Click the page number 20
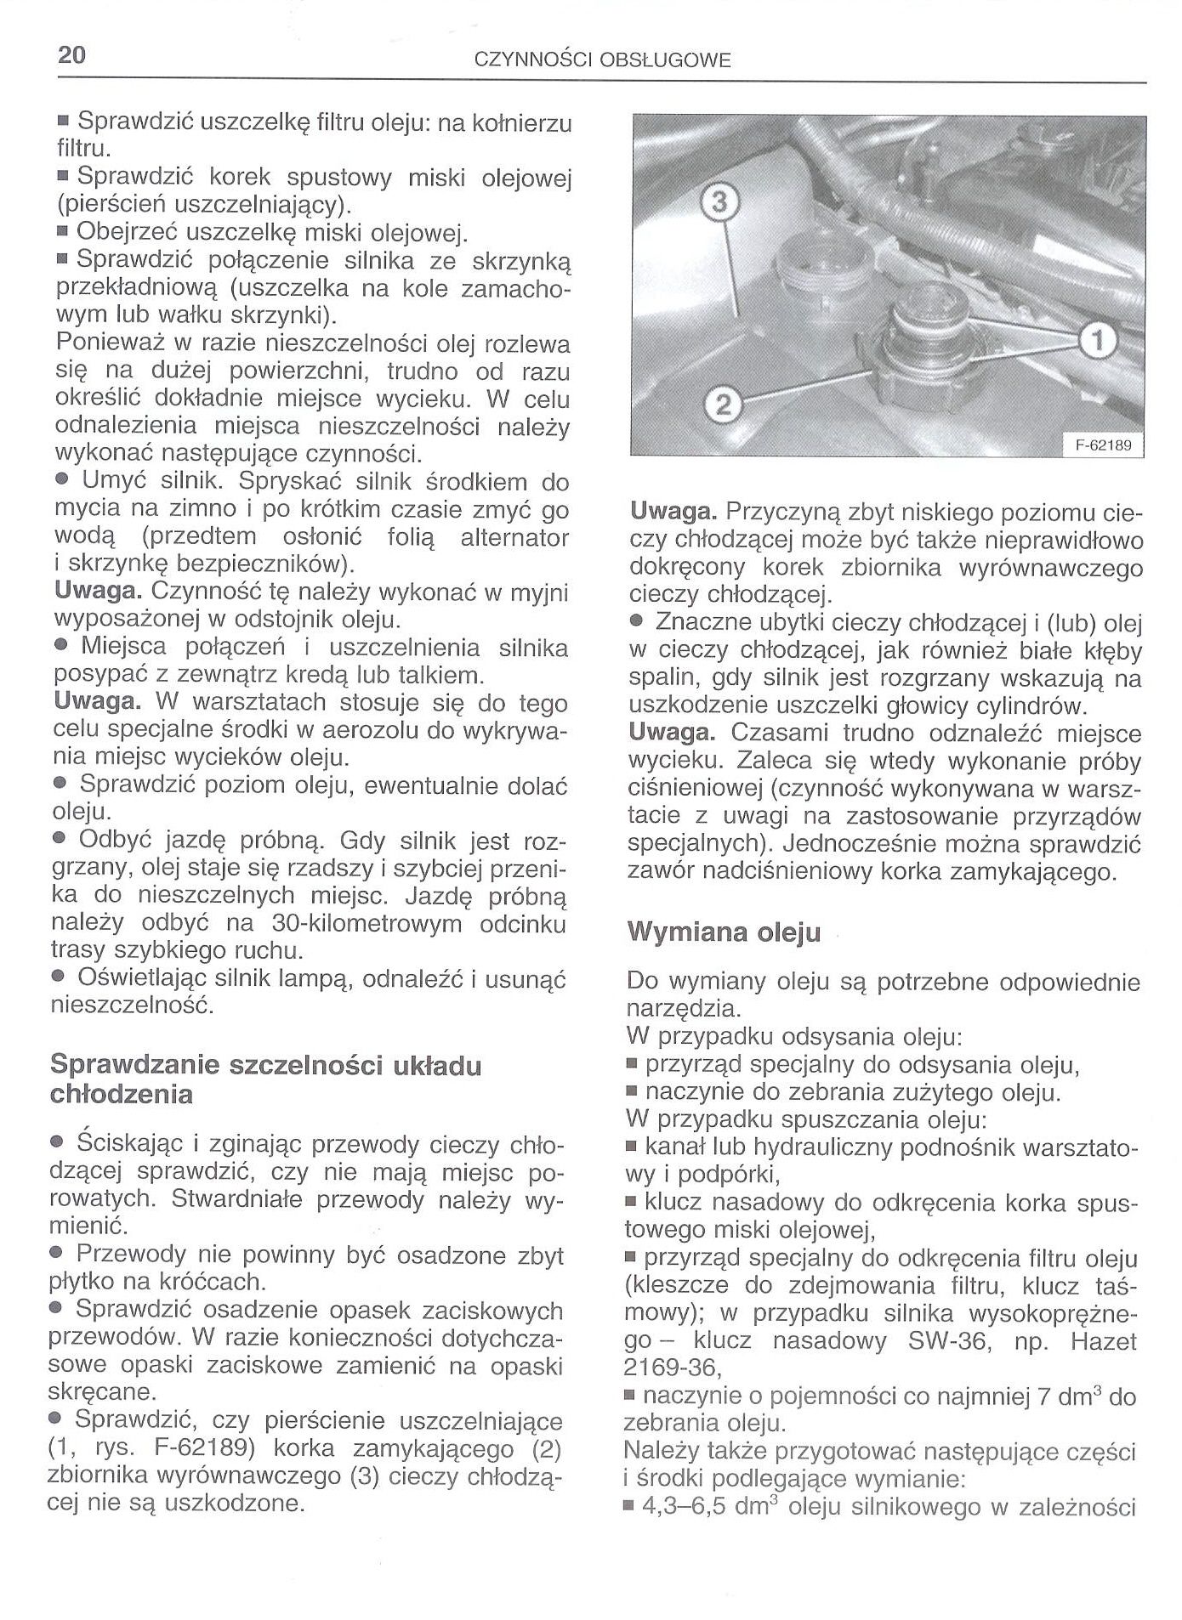(72, 55)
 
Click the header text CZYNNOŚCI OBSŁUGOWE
(602, 60)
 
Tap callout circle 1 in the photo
(1096, 342)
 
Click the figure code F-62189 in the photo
(1104, 445)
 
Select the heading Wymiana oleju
(724, 932)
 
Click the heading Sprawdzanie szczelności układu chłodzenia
(265, 1079)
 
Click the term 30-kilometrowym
(366, 923)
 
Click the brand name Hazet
(1103, 1340)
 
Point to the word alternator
(514, 537)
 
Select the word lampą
(316, 978)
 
